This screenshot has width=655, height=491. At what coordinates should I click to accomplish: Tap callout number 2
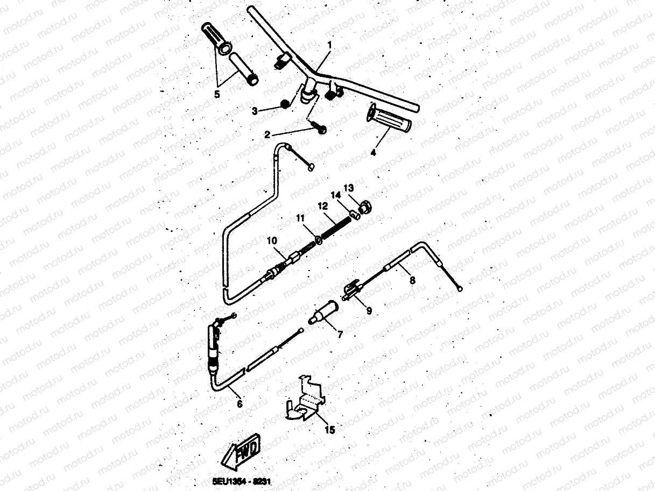267,134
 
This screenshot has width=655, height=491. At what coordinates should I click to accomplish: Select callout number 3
255,111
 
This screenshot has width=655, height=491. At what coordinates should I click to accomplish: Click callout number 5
217,94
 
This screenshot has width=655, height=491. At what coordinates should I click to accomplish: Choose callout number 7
340,335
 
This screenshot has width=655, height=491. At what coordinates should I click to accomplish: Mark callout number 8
412,280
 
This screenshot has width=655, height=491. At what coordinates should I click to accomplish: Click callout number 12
322,205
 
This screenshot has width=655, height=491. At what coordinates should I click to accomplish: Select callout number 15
330,430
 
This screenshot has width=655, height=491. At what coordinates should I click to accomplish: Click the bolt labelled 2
321,130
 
